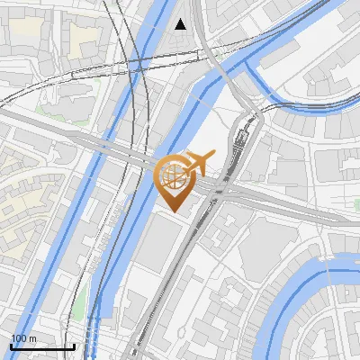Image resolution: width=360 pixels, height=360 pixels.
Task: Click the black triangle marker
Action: click(181, 24)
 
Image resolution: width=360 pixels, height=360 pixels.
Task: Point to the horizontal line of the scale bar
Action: click(42, 346)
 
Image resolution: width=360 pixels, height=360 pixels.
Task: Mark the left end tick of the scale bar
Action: click(11, 344)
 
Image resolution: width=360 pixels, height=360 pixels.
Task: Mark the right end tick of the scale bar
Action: click(74, 344)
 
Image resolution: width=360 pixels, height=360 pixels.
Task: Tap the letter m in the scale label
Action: click(32, 338)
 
